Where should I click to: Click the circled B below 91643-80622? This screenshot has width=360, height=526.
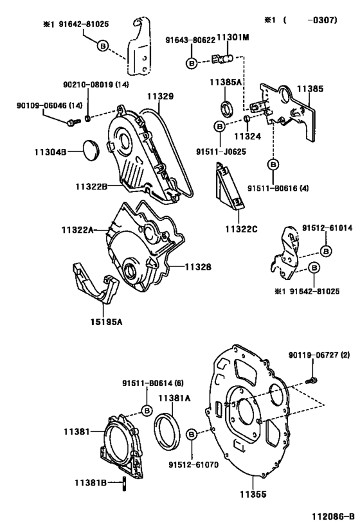(x=192, y=63)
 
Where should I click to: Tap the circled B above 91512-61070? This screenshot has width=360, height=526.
(x=192, y=435)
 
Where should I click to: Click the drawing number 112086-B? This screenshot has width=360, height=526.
(x=333, y=516)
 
